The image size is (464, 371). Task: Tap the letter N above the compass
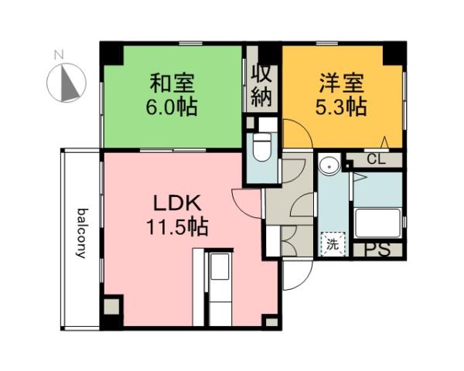coord(58,55)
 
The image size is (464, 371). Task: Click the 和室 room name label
coord(172,81)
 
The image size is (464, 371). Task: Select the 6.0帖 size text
coord(172,105)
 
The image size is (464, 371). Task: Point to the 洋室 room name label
coord(340,81)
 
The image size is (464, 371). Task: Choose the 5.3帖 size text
coord(340,105)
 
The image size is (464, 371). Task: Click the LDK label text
coord(176,203)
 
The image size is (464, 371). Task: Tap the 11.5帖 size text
coord(176,227)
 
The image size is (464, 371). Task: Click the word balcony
coord(80,232)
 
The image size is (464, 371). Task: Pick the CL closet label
coord(376,160)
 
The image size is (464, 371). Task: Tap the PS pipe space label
coord(377,250)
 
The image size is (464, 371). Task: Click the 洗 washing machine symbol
coord(331,245)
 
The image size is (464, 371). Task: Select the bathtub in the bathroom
coord(377,224)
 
